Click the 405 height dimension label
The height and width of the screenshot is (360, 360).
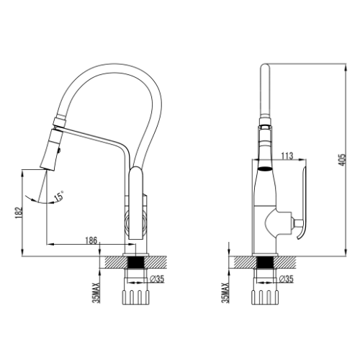[343, 160]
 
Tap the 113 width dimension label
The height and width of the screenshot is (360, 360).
[287, 156]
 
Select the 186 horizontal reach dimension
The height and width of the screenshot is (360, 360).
[91, 240]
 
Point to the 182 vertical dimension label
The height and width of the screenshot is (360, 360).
[19, 212]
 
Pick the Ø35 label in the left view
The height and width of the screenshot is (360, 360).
[157, 279]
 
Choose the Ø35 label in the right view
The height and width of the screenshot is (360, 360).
[286, 279]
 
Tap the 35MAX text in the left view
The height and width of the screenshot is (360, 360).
[96, 292]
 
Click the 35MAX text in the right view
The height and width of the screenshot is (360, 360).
[226, 292]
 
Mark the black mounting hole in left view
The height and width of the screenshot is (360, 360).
[136, 262]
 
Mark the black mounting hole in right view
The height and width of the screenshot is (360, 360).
[265, 262]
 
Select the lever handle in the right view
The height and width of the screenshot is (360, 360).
[302, 202]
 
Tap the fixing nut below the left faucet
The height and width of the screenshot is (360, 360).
[136, 297]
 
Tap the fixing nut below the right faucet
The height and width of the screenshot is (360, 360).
[265, 297]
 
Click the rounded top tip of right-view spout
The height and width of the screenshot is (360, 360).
[265, 65]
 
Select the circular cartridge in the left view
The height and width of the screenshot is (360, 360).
[135, 222]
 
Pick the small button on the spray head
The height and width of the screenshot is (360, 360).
[59, 150]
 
